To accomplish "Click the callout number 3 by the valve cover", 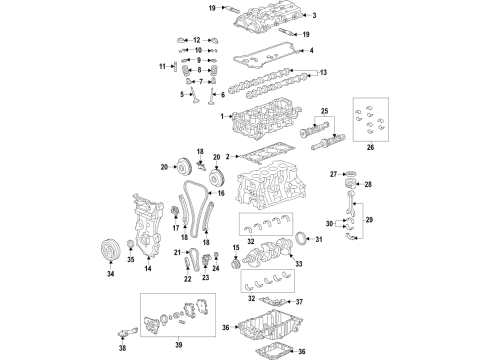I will point(313,16).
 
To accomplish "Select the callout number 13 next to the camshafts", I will point(321,73).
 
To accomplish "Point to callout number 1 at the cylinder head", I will point(223,116).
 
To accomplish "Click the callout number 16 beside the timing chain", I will point(222,193).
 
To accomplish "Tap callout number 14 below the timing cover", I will point(147,269).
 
